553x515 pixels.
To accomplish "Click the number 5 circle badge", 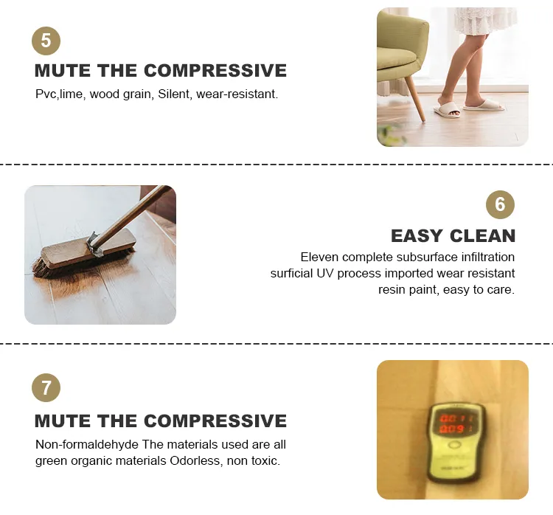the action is (x=46, y=41).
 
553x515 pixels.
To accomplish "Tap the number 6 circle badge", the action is (x=500, y=204).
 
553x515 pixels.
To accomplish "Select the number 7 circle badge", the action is (x=46, y=387).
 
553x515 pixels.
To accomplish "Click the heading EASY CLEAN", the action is (x=453, y=236).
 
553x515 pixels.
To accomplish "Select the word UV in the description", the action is (x=324, y=273).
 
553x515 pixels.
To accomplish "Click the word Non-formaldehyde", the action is (x=87, y=444).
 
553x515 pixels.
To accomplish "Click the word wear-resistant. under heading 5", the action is (x=237, y=94).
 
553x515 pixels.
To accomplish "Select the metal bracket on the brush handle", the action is (x=94, y=243).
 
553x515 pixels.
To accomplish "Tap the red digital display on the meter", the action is (x=453, y=424).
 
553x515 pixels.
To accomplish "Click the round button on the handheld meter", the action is (x=454, y=445).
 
